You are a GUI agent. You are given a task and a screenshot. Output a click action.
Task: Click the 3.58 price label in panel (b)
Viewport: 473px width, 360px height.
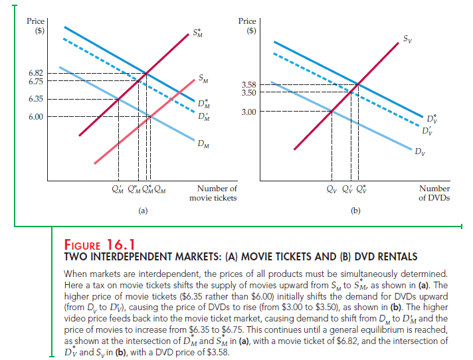point(248,84)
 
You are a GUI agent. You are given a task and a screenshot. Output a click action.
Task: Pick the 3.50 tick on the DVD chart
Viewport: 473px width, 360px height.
point(248,92)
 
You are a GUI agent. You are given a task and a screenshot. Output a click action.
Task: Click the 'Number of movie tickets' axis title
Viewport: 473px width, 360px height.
point(213,193)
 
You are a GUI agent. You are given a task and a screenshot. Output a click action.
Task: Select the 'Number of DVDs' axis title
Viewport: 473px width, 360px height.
point(434,193)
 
